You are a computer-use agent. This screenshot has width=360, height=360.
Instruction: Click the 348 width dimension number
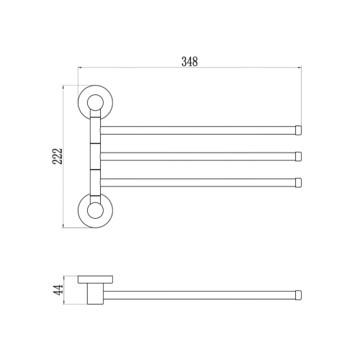pyautogui.click(x=189, y=62)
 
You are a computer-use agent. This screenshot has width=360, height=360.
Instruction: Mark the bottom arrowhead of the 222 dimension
pyautogui.click(x=66, y=227)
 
